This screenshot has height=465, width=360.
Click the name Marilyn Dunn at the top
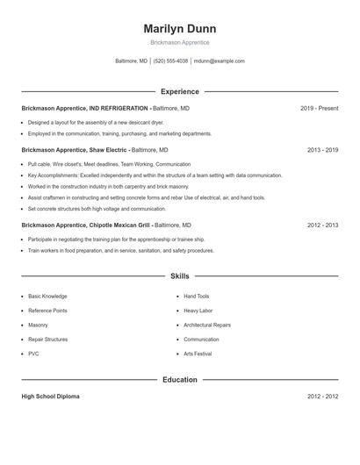click(179, 29)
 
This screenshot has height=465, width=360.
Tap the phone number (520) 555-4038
click(170, 61)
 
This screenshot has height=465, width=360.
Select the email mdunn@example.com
click(220, 61)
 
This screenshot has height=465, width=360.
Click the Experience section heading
click(179, 91)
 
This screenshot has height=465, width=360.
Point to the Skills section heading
click(179, 276)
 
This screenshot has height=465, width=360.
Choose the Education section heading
click(179, 380)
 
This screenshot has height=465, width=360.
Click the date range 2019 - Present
click(319, 108)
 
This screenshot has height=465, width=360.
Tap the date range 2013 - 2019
click(322, 150)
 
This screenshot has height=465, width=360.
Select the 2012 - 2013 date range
click(322, 225)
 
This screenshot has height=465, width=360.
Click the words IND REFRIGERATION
click(118, 108)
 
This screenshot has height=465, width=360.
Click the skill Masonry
click(39, 325)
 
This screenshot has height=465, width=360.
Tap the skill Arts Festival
click(198, 354)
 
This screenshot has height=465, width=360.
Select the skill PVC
click(33, 354)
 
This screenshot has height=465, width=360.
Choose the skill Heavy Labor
click(198, 311)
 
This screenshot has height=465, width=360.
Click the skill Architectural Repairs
click(208, 325)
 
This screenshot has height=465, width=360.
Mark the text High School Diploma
click(50, 397)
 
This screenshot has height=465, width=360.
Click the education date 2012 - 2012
click(322, 397)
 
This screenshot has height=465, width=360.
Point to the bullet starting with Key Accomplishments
click(155, 175)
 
